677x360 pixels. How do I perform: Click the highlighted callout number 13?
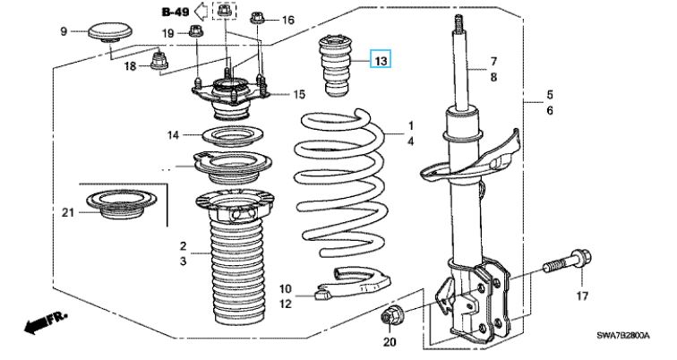[381, 61]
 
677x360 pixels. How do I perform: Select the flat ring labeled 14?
[220, 138]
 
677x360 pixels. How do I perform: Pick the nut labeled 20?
[391, 316]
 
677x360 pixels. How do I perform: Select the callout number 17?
[581, 296]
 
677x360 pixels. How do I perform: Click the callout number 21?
[68, 211]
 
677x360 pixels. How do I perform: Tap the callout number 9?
[64, 32]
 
